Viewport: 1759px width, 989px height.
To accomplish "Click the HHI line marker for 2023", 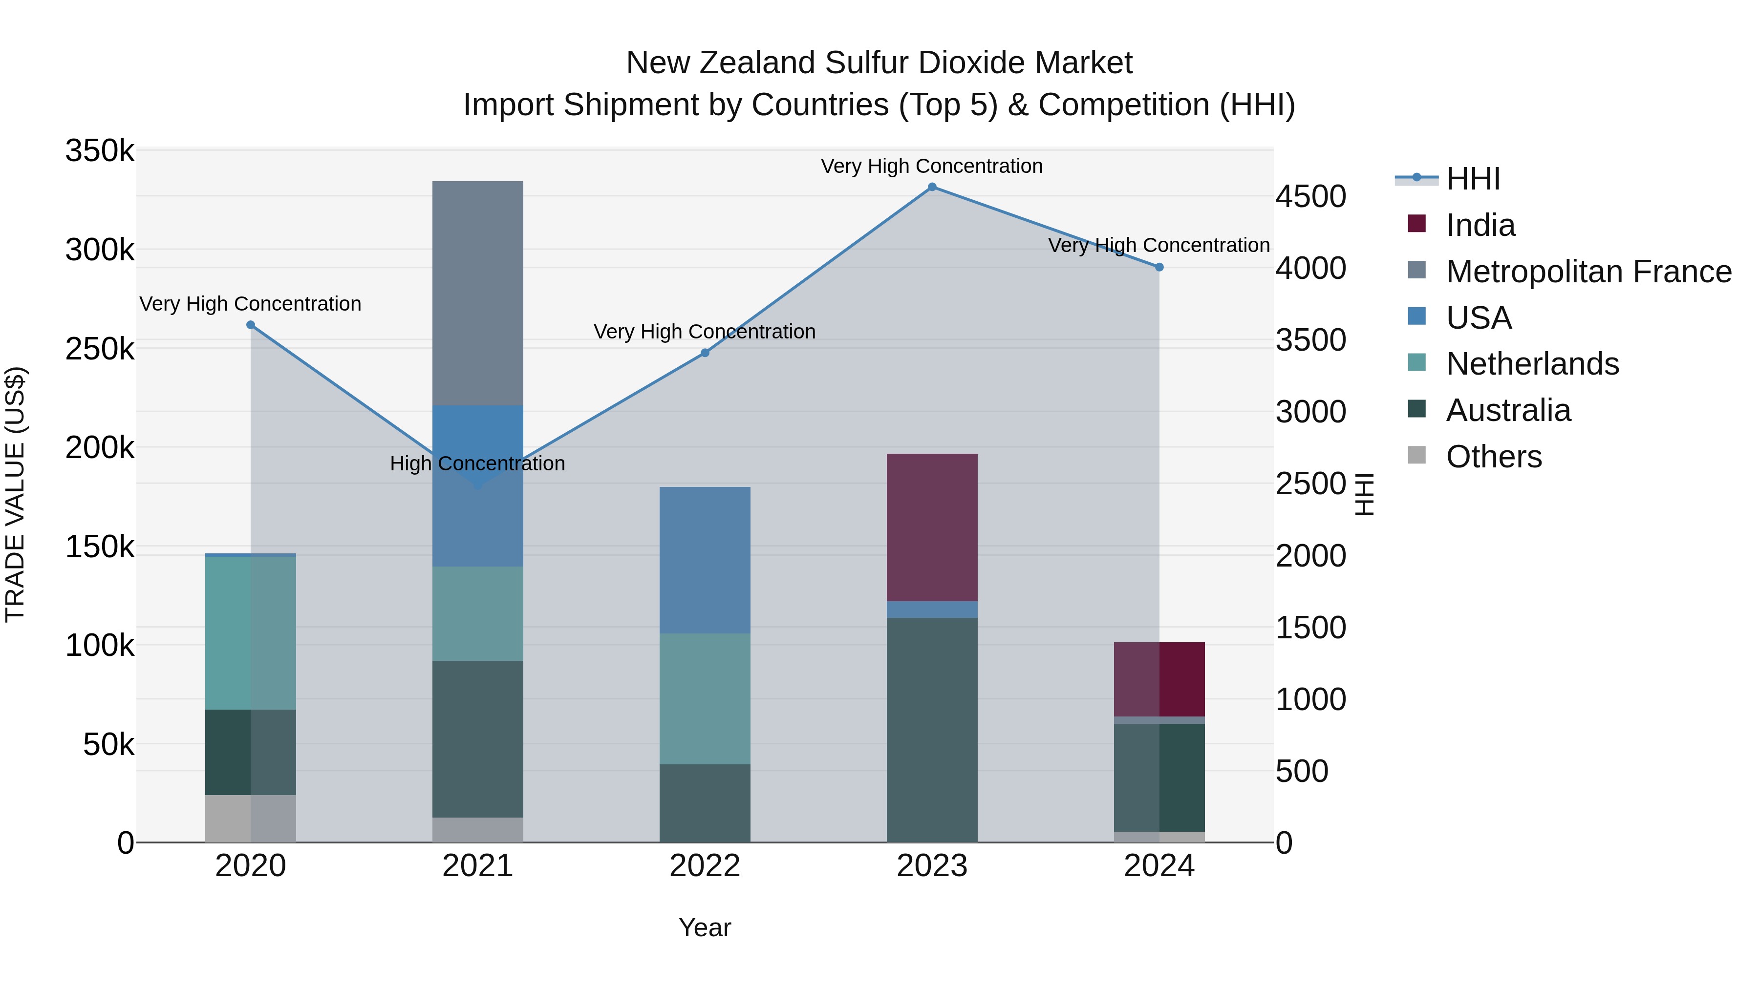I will click(x=932, y=187).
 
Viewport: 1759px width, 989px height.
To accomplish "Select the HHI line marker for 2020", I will click(x=251, y=325).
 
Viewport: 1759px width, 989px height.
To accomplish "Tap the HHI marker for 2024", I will click(x=1159, y=267).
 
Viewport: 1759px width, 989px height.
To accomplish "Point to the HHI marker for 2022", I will click(x=705, y=353).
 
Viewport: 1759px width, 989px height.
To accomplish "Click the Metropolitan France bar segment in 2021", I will click(x=478, y=294).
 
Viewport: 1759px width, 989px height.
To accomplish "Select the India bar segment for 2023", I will click(x=932, y=527).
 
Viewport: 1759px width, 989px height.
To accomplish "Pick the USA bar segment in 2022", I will click(x=705, y=560).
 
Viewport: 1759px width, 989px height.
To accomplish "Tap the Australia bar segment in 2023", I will click(x=932, y=729).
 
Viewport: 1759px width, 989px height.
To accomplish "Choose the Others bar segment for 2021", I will click(x=478, y=829).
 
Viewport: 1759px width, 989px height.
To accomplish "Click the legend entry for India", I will click(x=1480, y=225).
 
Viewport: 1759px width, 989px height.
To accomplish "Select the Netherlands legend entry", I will click(x=1532, y=364).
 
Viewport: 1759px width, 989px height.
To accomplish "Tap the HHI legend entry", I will click(x=1473, y=179).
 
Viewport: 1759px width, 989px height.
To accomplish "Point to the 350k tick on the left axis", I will click(x=100, y=151).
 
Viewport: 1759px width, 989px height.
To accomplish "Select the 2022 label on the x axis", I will click(x=705, y=866).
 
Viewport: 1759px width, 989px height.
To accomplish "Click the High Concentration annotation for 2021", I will click(x=477, y=463).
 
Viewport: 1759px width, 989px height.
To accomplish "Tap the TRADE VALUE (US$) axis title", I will click(x=15, y=494).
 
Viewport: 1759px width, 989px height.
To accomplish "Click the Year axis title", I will click(x=705, y=927).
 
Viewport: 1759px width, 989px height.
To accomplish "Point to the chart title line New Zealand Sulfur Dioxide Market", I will click(x=879, y=63).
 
